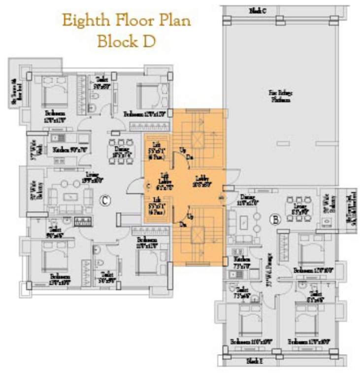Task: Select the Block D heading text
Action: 127,41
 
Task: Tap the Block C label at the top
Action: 258,10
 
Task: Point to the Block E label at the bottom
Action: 255,361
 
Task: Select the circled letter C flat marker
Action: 104,200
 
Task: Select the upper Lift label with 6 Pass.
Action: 158,150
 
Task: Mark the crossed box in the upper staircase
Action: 198,141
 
